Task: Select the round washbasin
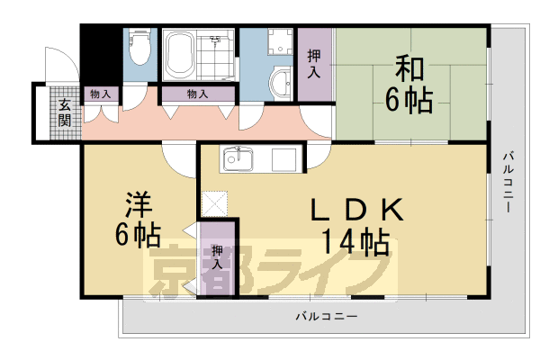pyautogui.click(x=282, y=82)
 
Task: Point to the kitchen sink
pyautogui.click(x=240, y=161)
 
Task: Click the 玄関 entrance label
pyautogui.click(x=65, y=114)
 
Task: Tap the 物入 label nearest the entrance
pyautogui.click(x=100, y=94)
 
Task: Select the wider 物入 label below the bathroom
pyautogui.click(x=197, y=94)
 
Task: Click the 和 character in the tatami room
pyautogui.click(x=409, y=67)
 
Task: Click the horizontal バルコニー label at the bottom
pyautogui.click(x=326, y=317)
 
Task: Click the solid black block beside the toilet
pyautogui.click(x=99, y=53)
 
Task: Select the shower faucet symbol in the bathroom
pyautogui.click(x=216, y=40)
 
